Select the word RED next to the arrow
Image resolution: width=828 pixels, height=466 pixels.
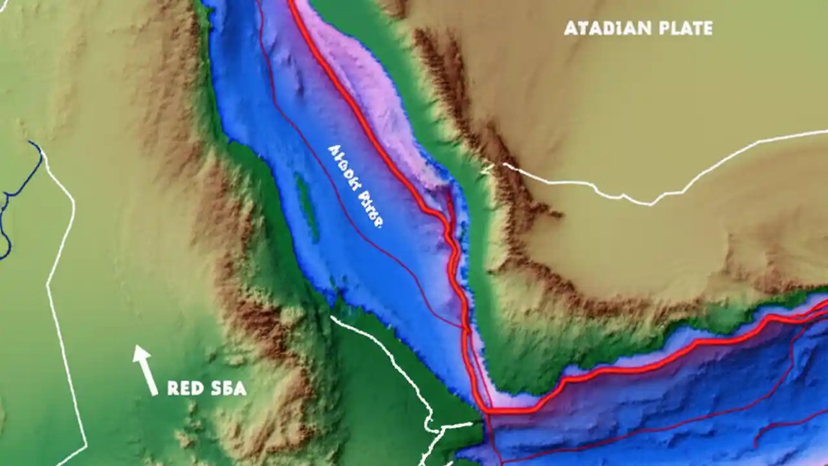tap(183, 388)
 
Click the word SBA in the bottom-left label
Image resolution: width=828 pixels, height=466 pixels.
tap(228, 388)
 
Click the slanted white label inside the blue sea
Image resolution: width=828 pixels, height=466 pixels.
tap(356, 186)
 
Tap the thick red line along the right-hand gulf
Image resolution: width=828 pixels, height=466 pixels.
tap(647, 369)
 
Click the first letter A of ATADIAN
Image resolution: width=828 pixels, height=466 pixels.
tap(570, 28)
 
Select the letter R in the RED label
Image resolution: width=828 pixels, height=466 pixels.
tap(173, 388)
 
